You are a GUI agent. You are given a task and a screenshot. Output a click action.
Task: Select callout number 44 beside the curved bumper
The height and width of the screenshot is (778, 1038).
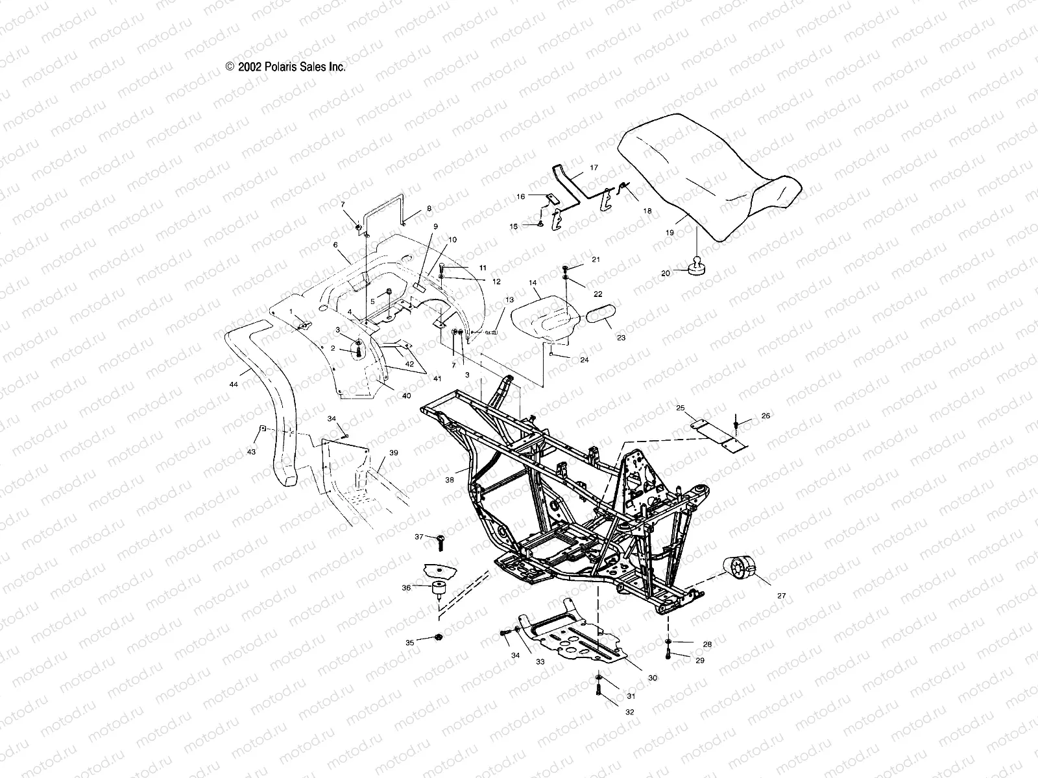click(x=234, y=384)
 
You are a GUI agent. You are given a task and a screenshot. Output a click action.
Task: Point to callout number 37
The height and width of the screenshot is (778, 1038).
click(x=419, y=536)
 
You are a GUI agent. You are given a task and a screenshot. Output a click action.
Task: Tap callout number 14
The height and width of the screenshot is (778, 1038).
click(x=533, y=283)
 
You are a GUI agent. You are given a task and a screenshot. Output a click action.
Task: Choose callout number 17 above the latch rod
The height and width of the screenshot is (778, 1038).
click(x=594, y=167)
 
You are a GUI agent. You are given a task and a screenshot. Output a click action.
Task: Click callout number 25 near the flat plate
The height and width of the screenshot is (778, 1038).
click(x=681, y=408)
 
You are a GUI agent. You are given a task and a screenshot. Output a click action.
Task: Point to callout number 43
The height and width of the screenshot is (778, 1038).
click(x=251, y=451)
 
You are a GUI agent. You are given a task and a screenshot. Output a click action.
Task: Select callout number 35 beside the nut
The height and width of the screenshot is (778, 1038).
click(x=410, y=642)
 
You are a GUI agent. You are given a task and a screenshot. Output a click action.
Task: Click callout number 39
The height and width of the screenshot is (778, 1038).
click(x=394, y=453)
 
